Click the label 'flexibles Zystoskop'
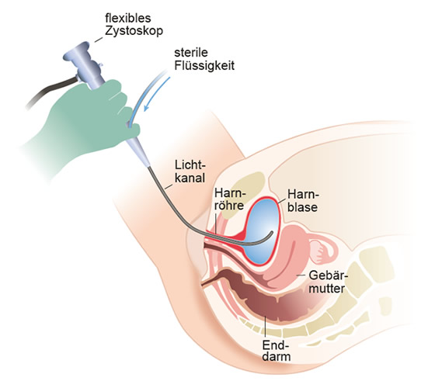(x=134, y=24)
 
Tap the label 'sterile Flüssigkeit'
(x=204, y=59)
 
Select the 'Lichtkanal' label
(x=190, y=171)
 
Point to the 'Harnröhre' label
(x=229, y=199)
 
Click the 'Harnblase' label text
(x=303, y=201)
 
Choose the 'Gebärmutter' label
(x=328, y=282)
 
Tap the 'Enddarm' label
(x=276, y=351)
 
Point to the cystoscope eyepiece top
(x=75, y=51)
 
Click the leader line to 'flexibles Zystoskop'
(x=98, y=39)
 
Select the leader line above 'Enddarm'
(x=266, y=327)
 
